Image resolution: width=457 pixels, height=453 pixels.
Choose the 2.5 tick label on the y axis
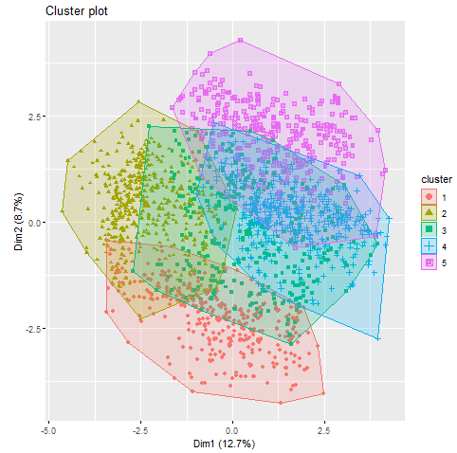(x=31, y=117)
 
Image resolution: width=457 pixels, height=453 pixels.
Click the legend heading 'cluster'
(x=436, y=178)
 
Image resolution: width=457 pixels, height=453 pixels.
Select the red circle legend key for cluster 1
(x=430, y=195)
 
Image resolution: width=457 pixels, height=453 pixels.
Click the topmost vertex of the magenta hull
(x=241, y=40)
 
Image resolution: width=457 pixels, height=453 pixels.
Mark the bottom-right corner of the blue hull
(x=378, y=339)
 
